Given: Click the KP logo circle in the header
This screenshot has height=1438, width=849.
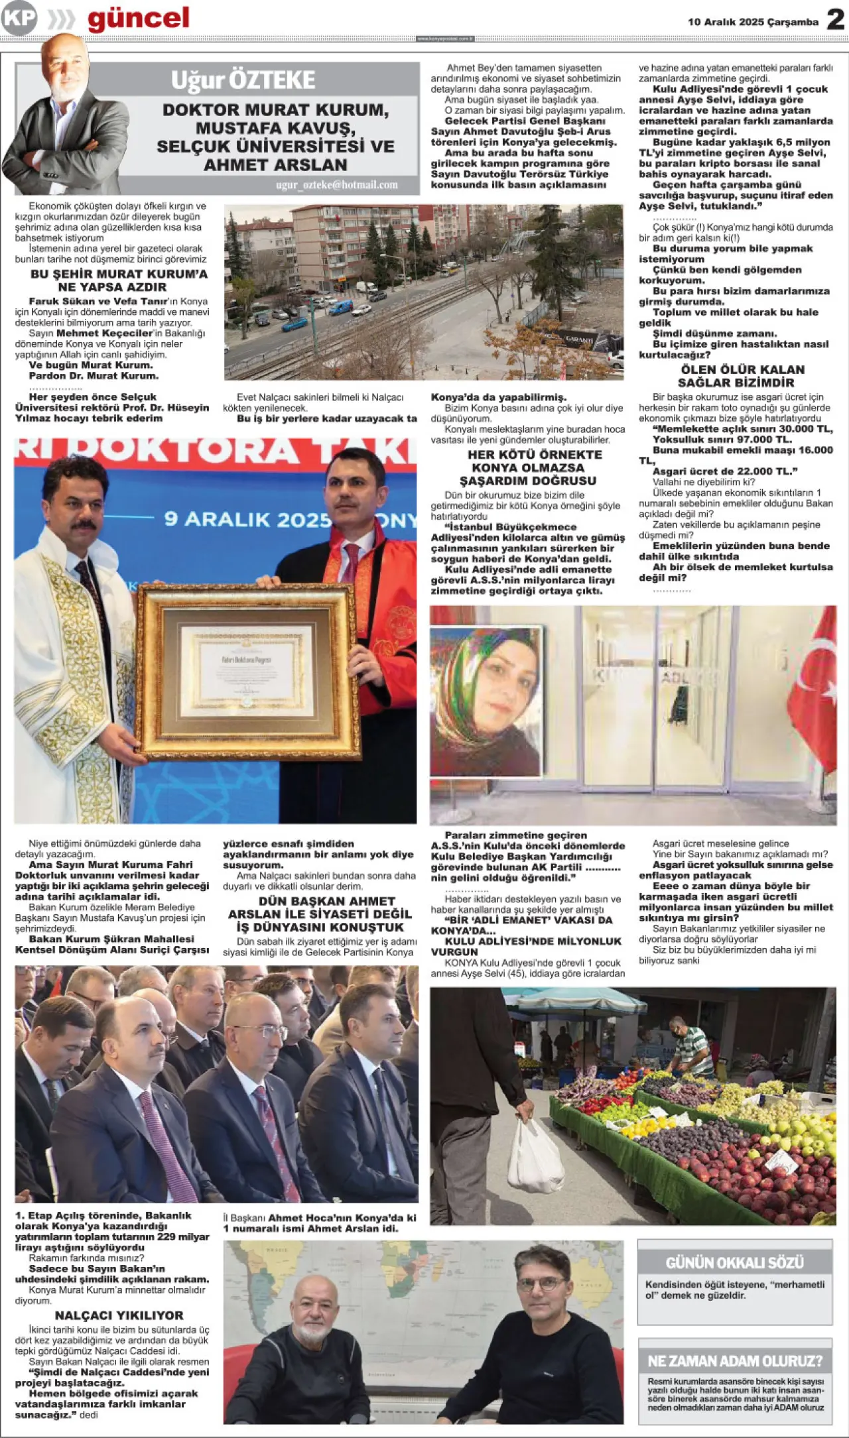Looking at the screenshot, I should [x=19, y=19].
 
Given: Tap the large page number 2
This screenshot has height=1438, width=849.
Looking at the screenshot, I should [x=836, y=20].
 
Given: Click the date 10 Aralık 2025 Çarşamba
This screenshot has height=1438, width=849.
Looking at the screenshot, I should [x=753, y=22].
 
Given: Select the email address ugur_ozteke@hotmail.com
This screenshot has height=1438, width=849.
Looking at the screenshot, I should [x=337, y=185].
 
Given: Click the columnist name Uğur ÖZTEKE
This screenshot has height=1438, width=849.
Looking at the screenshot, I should [x=243, y=80].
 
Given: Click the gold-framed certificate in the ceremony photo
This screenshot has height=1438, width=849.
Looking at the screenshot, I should [x=249, y=671].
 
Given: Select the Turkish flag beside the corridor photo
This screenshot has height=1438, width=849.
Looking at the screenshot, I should [x=815, y=689].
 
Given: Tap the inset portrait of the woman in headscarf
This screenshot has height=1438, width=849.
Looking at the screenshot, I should [x=485, y=700].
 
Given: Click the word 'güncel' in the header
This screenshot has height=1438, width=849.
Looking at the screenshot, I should [x=138, y=19].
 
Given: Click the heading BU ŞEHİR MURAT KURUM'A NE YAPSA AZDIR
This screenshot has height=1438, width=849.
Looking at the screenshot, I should [x=119, y=280].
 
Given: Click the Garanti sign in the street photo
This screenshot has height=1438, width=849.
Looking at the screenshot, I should [x=579, y=339].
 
